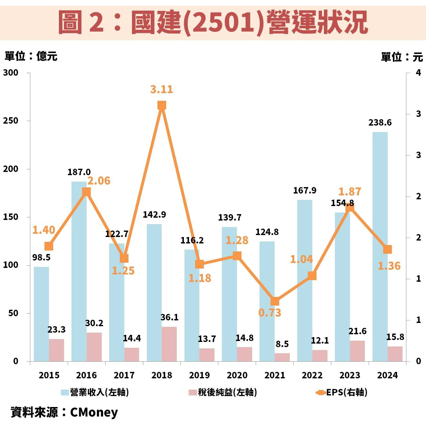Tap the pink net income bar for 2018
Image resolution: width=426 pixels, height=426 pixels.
pos(169,344)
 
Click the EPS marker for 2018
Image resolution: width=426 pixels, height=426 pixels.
pos(162,105)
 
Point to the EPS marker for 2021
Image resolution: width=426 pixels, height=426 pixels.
pos(275,301)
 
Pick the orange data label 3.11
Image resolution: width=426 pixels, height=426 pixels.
pos(162,89)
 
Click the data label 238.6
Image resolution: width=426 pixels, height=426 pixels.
pos(380,122)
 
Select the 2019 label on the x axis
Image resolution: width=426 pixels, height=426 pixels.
pos(199,375)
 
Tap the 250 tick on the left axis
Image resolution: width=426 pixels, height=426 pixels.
pos(11,121)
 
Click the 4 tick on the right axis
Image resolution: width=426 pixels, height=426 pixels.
pos(418,73)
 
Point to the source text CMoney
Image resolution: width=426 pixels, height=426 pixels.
pos(94,412)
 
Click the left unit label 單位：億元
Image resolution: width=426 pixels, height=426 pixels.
pos(31,56)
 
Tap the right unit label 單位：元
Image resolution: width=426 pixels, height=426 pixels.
pos(402,57)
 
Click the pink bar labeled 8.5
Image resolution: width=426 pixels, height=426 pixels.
pos(282,357)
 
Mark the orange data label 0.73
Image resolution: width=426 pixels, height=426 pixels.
pos(270,313)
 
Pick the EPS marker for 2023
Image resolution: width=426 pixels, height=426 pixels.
pos(350,208)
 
